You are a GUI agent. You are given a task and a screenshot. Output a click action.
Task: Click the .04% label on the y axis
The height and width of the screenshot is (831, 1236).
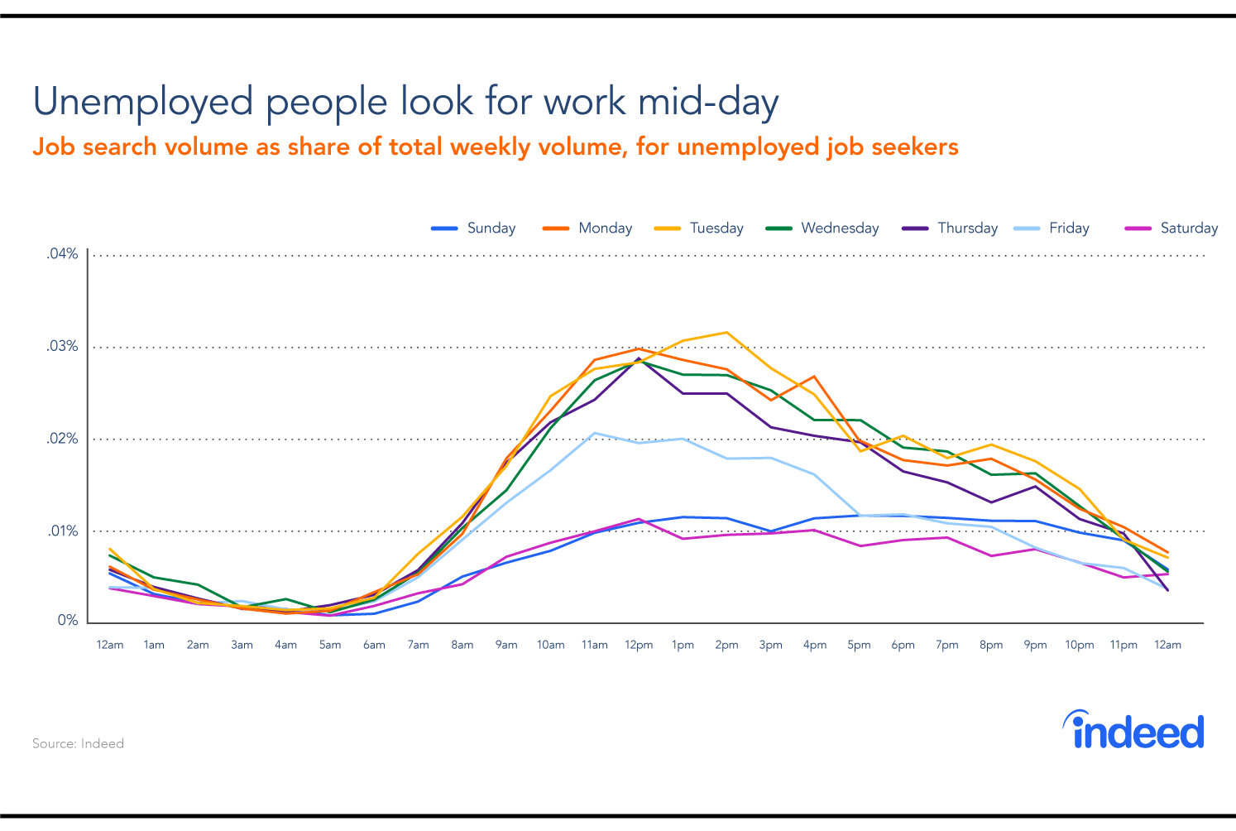[62, 254]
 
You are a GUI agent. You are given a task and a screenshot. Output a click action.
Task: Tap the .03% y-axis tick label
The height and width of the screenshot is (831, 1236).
[62, 346]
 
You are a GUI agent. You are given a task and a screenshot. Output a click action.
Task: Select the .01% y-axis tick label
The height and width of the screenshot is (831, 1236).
[62, 531]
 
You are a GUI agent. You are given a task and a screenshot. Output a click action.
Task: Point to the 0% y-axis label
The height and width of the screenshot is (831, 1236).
[67, 621]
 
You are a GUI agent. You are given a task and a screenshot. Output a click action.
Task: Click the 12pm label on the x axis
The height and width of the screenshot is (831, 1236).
[639, 646]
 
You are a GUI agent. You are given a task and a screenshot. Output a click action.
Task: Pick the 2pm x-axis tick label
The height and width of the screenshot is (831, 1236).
[726, 646]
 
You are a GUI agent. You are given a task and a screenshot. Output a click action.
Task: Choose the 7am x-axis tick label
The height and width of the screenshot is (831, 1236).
[418, 646]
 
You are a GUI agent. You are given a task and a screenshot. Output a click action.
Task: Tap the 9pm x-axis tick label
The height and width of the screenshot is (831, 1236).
[1035, 646]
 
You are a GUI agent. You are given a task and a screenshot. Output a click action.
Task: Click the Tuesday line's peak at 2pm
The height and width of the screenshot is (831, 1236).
[726, 333]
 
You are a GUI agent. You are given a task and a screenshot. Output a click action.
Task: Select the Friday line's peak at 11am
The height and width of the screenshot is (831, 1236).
[594, 433]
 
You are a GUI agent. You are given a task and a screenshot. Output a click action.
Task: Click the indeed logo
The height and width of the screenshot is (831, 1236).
[1133, 730]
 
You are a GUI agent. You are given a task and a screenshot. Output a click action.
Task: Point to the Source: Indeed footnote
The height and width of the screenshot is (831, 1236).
[78, 744]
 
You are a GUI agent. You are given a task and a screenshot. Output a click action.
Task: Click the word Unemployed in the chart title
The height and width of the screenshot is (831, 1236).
[143, 102]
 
